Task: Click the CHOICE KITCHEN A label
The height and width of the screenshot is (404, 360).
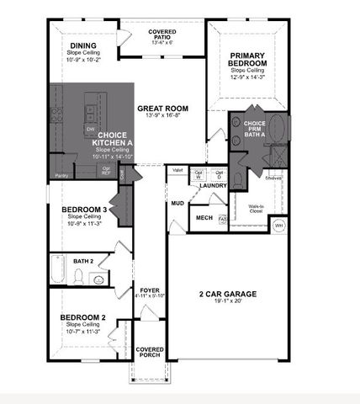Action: click(x=112, y=139)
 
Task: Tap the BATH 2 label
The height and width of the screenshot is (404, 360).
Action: click(x=83, y=262)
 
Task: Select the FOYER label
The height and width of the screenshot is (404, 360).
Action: click(x=150, y=290)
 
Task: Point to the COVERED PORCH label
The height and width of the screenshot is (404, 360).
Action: click(x=150, y=352)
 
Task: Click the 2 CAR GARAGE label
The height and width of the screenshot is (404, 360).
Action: click(x=227, y=294)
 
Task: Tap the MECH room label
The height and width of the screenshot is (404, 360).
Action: click(x=204, y=218)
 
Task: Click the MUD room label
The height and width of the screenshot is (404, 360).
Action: click(x=177, y=204)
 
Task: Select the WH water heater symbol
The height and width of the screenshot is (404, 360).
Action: click(x=279, y=226)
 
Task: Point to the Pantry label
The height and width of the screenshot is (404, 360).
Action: click(x=61, y=175)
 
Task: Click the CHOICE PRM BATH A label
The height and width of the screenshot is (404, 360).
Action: click(x=254, y=128)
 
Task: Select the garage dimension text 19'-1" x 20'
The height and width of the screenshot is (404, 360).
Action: click(x=227, y=300)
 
